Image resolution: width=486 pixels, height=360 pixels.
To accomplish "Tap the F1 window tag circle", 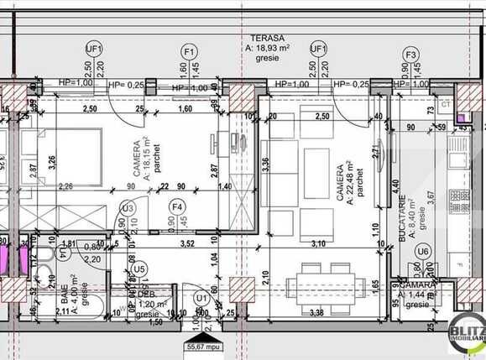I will pos(190,50).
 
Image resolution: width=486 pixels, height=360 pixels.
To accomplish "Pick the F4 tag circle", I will pos(176,206).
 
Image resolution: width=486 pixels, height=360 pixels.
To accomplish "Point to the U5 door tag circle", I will pos(139,269).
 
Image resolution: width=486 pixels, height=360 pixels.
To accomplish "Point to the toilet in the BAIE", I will pos(50,258).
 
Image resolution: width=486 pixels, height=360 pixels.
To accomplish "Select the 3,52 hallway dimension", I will pos(189,244).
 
